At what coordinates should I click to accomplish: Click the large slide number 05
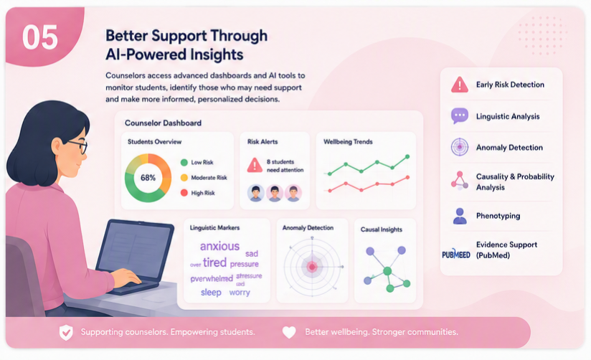40,37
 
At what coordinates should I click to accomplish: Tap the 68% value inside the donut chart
148,178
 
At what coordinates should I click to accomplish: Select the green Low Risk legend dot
184,163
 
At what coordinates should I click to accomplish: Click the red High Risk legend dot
184,193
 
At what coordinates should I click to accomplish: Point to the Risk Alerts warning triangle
255,165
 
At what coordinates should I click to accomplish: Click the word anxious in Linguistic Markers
219,246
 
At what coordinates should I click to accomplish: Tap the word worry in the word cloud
240,293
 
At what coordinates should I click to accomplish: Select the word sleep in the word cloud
211,292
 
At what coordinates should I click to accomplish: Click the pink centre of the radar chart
312,267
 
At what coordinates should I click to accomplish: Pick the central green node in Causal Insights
387,270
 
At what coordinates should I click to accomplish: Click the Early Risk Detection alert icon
460,85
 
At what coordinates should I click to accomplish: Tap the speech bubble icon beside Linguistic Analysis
460,115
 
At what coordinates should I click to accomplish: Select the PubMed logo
456,254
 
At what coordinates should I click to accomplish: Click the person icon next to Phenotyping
460,216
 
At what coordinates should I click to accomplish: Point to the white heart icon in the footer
289,332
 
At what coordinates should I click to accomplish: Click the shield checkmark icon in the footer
66,333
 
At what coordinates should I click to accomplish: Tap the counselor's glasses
80,146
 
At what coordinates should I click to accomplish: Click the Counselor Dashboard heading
163,123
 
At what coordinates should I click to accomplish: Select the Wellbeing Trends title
348,142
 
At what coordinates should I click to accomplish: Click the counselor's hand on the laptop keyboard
126,278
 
